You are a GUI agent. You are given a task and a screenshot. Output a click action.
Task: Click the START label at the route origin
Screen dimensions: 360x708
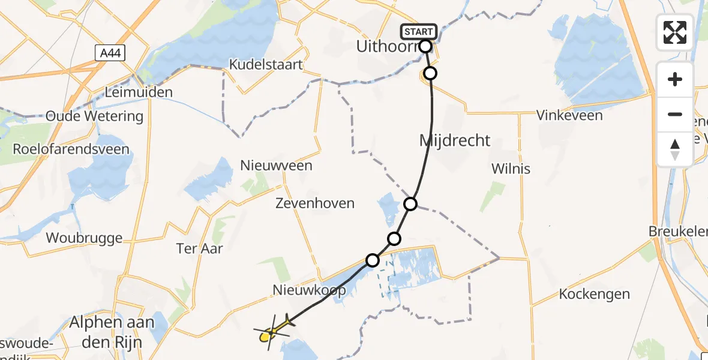coord(419,31)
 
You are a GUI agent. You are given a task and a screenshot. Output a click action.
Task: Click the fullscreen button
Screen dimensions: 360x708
coord(675,32)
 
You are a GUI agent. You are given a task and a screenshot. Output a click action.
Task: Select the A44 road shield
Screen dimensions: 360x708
coord(110,53)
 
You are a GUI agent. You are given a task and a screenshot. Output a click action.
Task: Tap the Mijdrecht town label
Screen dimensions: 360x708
coord(455,141)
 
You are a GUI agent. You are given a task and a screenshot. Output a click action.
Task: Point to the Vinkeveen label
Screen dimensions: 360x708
coord(569,115)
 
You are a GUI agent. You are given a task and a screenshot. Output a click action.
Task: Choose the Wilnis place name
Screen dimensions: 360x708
coord(511,169)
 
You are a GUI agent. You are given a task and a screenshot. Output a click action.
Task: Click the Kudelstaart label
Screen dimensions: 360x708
coord(266,65)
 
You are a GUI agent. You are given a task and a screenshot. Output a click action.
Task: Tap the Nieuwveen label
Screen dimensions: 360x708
coord(276,165)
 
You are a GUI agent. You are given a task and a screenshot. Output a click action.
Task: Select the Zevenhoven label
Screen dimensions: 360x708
coord(314,203)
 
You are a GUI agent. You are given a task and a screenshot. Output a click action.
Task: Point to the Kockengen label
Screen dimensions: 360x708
coord(595,294)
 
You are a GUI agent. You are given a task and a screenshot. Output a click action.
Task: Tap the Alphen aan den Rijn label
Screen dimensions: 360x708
coord(112,330)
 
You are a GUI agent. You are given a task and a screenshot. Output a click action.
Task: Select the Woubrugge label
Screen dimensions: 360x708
coord(85,238)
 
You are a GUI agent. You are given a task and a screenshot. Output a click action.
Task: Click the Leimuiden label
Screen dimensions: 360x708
coord(139,92)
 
